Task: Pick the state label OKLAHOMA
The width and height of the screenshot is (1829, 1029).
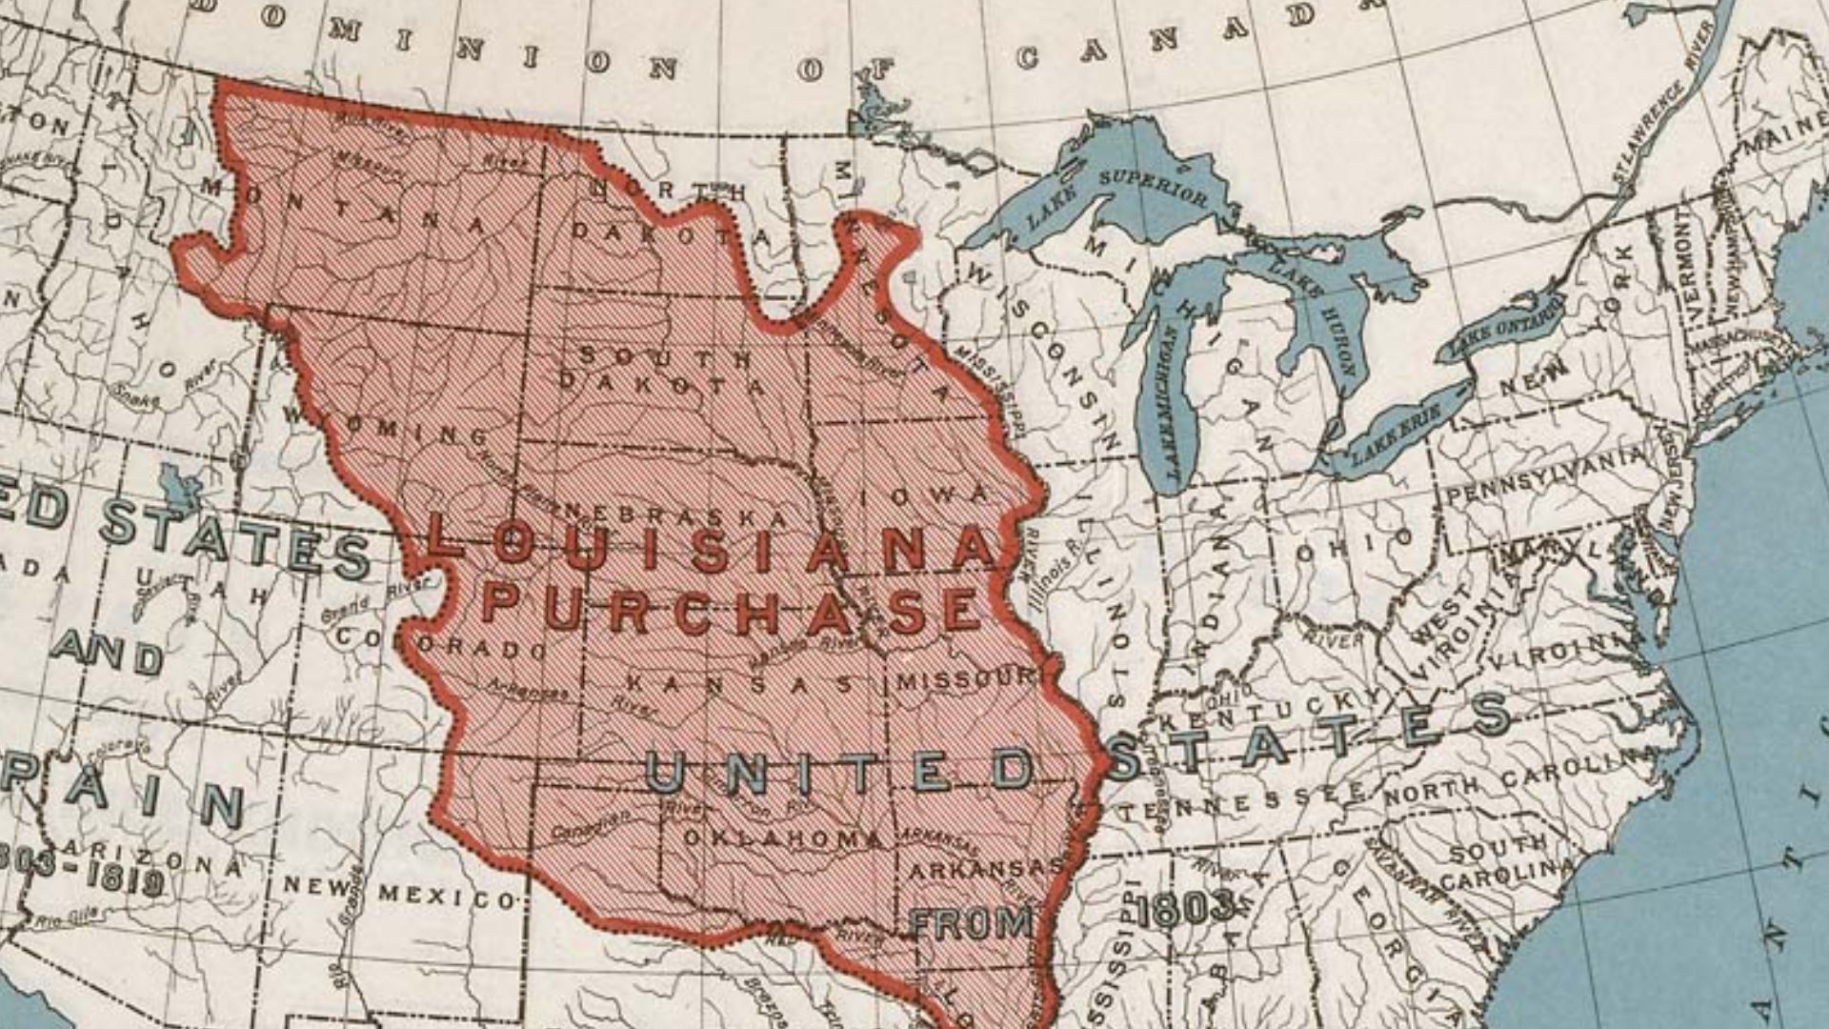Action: [783, 838]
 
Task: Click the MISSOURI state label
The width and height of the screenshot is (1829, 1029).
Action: [965, 680]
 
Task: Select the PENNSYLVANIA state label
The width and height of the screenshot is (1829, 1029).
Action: [1544, 476]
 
